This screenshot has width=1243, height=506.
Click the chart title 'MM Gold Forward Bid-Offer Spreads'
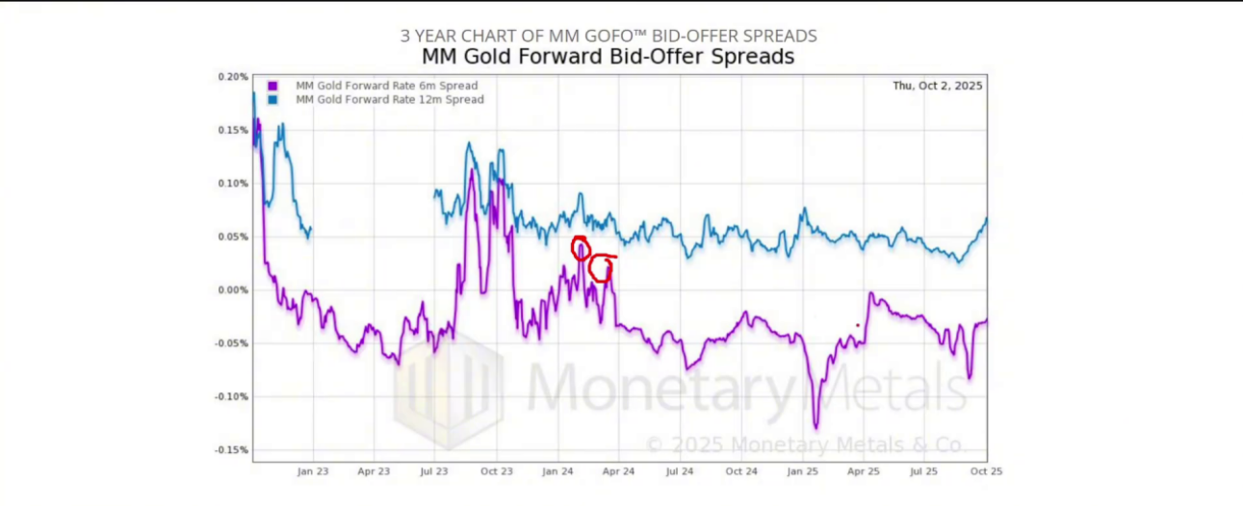click(x=608, y=57)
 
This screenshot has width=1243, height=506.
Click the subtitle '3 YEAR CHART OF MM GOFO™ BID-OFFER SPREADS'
click(x=609, y=36)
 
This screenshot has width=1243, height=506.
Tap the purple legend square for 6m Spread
click(x=273, y=86)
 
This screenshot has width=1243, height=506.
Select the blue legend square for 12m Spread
click(x=273, y=99)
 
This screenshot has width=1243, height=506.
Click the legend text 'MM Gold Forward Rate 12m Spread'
click(x=389, y=99)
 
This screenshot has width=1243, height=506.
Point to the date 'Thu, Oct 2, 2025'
click(x=937, y=86)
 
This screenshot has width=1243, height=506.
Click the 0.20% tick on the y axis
click(x=233, y=77)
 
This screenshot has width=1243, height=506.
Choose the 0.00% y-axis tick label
click(x=233, y=290)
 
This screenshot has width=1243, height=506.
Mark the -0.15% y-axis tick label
click(x=231, y=450)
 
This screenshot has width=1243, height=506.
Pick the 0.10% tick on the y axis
click(x=233, y=184)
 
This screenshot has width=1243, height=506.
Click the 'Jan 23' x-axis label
click(x=313, y=472)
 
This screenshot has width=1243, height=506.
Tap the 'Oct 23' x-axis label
click(x=496, y=472)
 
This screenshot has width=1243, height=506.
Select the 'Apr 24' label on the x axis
click(x=618, y=472)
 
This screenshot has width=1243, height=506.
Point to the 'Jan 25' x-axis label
click(x=802, y=472)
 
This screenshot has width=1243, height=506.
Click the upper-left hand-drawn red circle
click(x=581, y=247)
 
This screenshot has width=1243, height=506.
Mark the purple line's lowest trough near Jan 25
click(x=816, y=426)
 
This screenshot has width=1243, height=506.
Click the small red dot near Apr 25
click(x=857, y=325)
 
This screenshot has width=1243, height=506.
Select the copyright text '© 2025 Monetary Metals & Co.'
click(x=804, y=444)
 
